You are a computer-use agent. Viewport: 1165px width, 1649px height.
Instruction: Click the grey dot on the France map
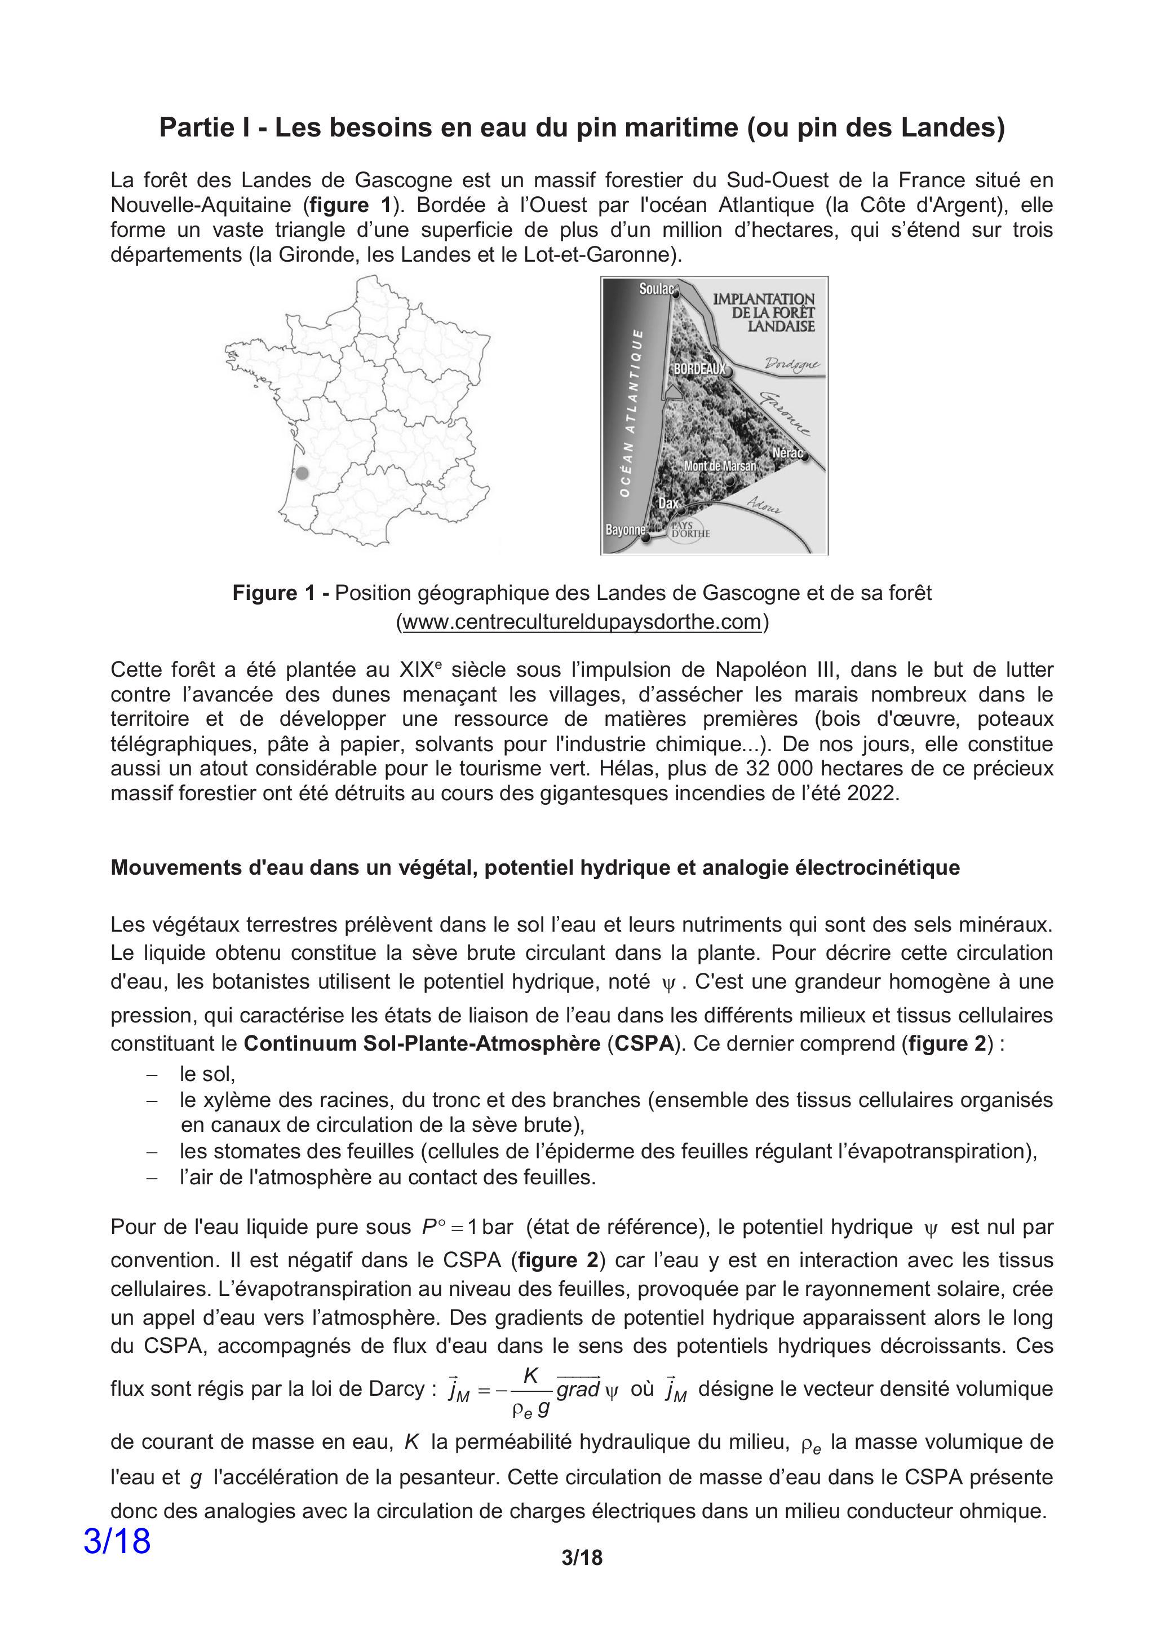click(x=302, y=473)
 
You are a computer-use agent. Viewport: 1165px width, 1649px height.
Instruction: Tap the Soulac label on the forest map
click(x=656, y=289)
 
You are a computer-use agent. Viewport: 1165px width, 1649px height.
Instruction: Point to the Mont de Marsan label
click(x=719, y=466)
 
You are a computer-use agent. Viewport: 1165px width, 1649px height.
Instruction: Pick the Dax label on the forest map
click(x=668, y=504)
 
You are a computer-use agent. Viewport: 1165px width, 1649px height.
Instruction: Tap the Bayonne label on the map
click(x=624, y=530)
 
